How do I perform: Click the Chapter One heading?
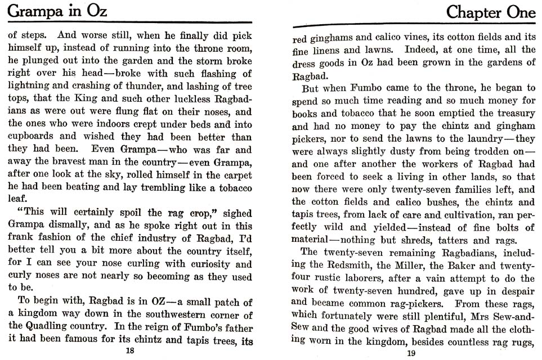490,12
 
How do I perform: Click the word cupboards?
32,136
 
